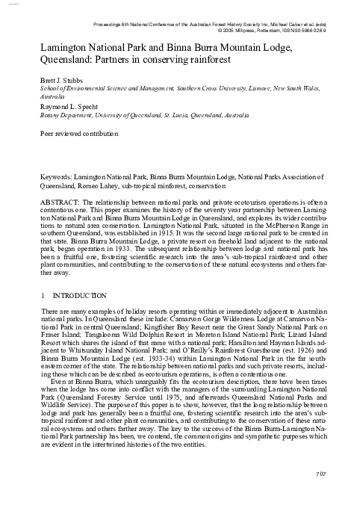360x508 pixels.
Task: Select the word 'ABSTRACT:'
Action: (x=60, y=202)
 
